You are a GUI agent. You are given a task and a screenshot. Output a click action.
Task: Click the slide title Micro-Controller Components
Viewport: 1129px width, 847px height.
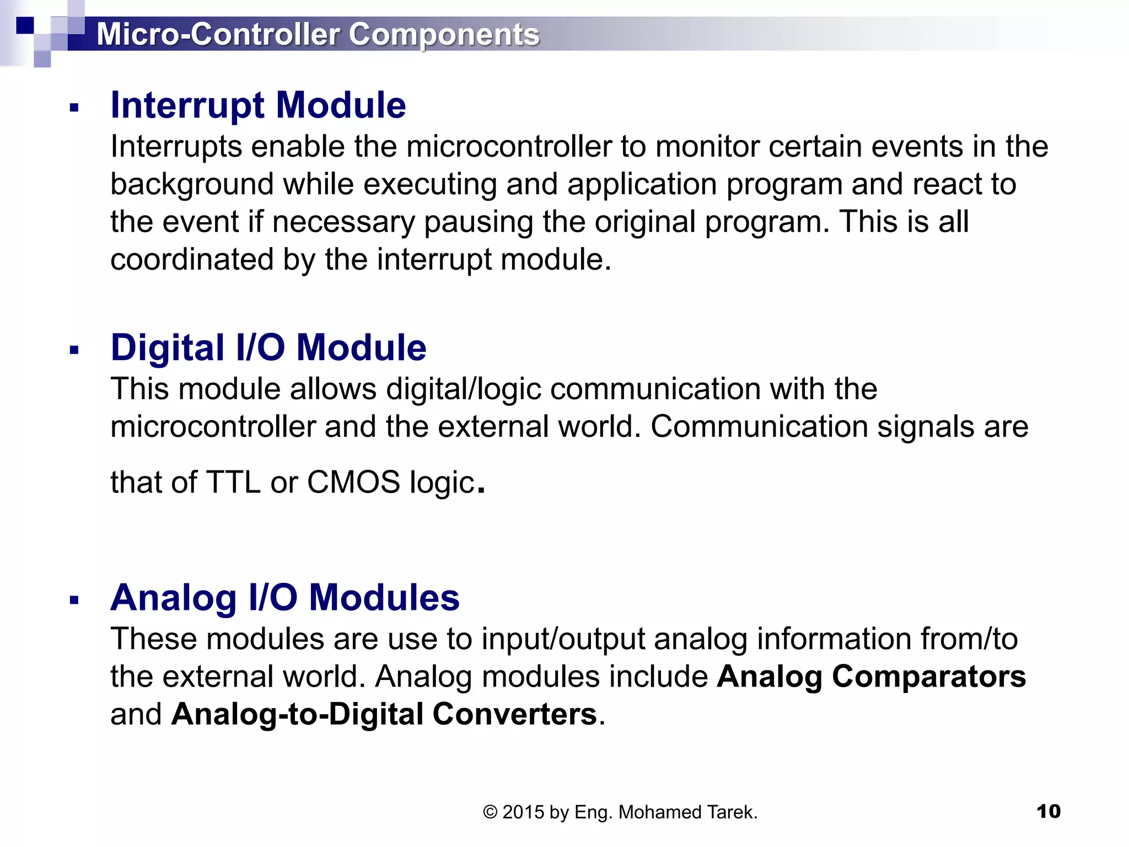[318, 34]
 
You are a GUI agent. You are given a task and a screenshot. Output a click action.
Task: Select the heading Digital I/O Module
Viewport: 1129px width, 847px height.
[268, 347]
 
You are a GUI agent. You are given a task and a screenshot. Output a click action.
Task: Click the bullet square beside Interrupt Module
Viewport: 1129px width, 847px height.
[74, 108]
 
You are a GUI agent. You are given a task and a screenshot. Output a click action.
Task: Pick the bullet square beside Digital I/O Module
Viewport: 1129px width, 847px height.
[74, 350]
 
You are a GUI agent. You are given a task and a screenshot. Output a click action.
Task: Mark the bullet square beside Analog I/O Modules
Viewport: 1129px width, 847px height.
[74, 600]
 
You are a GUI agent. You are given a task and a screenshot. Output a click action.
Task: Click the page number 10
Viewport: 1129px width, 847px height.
[1048, 811]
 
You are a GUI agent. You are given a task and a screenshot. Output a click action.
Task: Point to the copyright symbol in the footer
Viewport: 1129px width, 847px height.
[490, 812]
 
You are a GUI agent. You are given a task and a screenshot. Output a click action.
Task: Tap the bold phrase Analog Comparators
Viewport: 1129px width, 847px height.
[871, 676]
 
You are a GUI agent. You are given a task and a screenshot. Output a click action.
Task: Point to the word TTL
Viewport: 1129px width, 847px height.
[233, 482]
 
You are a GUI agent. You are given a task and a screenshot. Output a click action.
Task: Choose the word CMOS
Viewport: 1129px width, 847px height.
[353, 482]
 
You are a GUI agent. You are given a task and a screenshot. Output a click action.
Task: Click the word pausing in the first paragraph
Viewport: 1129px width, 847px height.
[478, 222]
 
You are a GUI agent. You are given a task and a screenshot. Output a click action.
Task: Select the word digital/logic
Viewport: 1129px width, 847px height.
[464, 389]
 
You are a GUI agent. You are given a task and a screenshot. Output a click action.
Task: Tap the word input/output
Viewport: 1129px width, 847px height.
[563, 639]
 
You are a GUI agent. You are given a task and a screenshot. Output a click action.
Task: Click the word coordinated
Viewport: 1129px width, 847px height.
[192, 259]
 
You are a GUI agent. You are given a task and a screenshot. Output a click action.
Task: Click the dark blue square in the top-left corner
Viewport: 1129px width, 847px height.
[25, 25]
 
